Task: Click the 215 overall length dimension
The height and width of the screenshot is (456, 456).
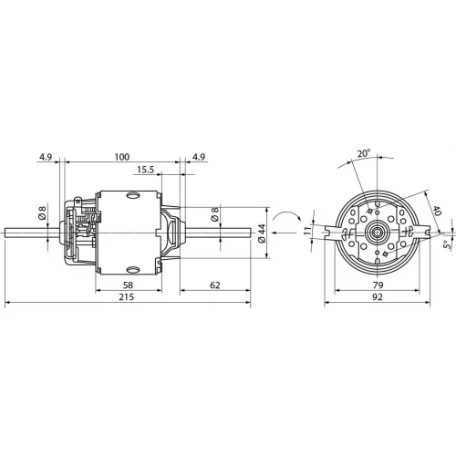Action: (x=126, y=296)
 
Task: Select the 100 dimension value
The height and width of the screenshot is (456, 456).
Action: (x=122, y=157)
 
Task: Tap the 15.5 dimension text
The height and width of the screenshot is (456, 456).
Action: (x=145, y=170)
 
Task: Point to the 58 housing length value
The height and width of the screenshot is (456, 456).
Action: (x=128, y=285)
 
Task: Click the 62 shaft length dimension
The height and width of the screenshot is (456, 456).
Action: (x=215, y=285)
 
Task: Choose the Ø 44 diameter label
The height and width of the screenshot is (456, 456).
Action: (x=262, y=233)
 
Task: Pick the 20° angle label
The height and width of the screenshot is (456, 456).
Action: (x=364, y=153)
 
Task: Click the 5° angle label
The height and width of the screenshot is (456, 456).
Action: (x=446, y=244)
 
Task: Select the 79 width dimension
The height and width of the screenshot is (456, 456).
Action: (x=378, y=285)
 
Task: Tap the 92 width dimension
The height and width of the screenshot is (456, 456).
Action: (x=378, y=296)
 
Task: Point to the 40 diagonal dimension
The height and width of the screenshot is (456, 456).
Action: (x=437, y=211)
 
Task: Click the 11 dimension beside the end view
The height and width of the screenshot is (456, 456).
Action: (x=308, y=230)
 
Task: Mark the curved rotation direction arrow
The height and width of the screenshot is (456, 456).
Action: (x=286, y=215)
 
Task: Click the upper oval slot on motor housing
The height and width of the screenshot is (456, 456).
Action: (x=133, y=195)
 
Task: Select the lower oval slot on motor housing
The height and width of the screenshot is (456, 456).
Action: (x=133, y=269)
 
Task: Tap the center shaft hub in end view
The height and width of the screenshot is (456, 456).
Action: (x=377, y=233)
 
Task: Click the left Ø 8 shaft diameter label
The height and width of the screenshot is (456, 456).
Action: (x=42, y=212)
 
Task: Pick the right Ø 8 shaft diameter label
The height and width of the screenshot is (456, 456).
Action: (x=215, y=213)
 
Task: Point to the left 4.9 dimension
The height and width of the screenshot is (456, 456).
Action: (x=46, y=157)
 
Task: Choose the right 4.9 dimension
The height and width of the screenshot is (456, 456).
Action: (x=199, y=157)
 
